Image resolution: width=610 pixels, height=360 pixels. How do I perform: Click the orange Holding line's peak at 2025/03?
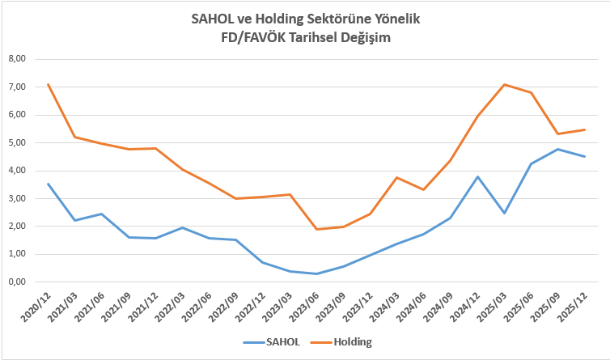tap(505, 84)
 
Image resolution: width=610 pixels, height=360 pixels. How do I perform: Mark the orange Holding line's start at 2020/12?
tap(49, 84)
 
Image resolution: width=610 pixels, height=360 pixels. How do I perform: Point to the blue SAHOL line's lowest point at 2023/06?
tap(317, 273)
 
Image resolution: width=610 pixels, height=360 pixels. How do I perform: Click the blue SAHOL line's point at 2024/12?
tap(478, 176)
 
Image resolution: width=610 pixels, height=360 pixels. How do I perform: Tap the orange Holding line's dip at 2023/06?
tap(317, 229)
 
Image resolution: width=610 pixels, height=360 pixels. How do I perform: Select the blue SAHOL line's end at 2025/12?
tap(585, 156)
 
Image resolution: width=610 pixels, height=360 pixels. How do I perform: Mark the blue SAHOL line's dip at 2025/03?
tap(505, 213)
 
